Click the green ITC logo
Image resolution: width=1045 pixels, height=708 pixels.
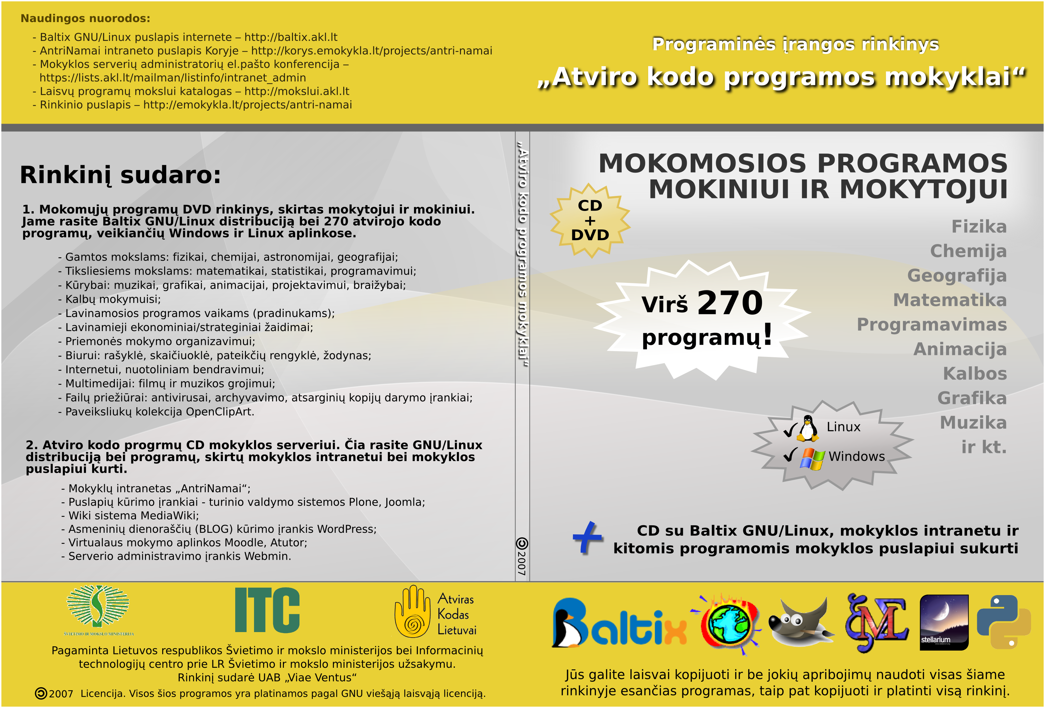pyautogui.click(x=267, y=610)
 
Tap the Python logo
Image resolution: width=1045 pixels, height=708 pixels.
pyautogui.click(x=1003, y=622)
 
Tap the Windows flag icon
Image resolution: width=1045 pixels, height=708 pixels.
pyautogui.click(x=812, y=458)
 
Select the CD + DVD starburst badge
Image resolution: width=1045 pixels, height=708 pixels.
pyautogui.click(x=590, y=220)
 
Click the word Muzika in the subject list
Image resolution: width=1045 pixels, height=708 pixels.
pyautogui.click(x=973, y=422)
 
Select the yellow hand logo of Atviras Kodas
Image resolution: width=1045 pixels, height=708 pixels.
pyautogui.click(x=412, y=611)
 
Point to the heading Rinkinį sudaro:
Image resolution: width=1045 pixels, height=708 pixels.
pyautogui.click(x=120, y=175)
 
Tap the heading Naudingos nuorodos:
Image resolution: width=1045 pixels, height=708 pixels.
pyautogui.click(x=85, y=18)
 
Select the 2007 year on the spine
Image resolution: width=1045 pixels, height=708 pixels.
pyautogui.click(x=522, y=562)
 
